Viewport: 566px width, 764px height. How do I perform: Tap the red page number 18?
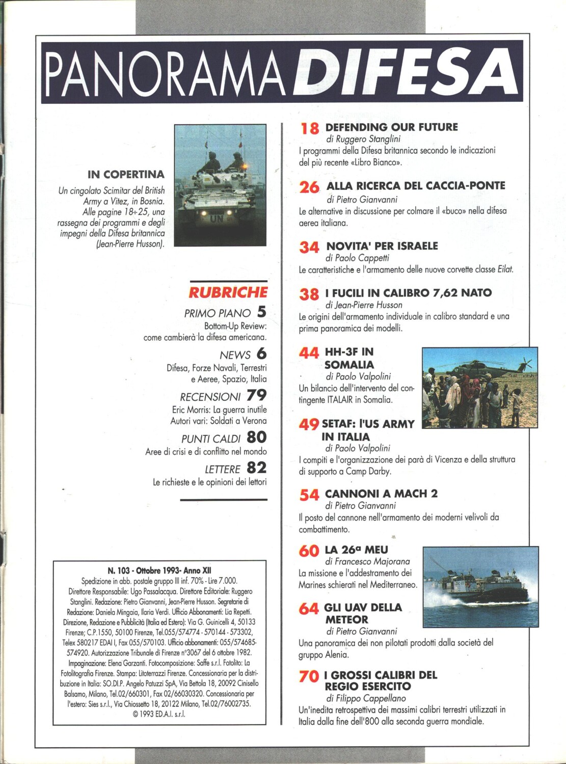(x=310, y=128)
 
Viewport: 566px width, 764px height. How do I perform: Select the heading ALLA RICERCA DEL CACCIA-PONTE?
(x=416, y=186)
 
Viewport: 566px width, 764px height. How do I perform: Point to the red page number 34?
(x=309, y=248)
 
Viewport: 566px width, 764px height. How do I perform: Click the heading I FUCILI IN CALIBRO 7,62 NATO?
(x=408, y=293)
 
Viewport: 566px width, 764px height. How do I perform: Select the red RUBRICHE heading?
(x=228, y=292)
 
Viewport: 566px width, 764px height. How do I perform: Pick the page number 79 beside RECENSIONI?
(x=256, y=395)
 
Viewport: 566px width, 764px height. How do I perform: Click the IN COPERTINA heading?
(x=126, y=175)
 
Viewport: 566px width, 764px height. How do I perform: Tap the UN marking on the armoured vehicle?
(x=216, y=219)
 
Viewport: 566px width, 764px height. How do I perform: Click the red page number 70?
(x=309, y=677)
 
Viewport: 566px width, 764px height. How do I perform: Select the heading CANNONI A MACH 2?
(x=381, y=494)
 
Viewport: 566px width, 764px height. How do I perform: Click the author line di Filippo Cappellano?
(x=366, y=698)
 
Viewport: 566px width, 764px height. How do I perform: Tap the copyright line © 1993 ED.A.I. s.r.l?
(x=158, y=714)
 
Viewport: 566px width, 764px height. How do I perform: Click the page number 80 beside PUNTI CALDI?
(x=256, y=437)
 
